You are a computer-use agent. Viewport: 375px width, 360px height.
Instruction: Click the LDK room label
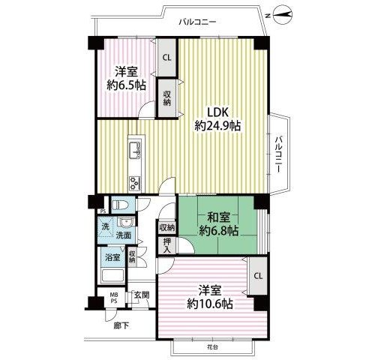click(x=218, y=112)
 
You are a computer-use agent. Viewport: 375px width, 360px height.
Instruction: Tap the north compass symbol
click(x=283, y=15)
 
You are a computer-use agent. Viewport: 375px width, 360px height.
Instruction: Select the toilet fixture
click(x=120, y=205)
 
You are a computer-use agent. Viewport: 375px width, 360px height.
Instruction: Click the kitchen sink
click(x=135, y=150)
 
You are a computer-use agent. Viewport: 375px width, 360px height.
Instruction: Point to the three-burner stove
click(x=135, y=184)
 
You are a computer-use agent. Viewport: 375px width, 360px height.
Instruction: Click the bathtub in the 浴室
click(x=112, y=276)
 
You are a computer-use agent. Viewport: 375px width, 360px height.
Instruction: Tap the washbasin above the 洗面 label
click(x=126, y=222)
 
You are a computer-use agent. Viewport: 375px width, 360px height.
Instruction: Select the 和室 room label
click(x=219, y=218)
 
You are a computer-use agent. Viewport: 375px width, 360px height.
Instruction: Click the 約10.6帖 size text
click(x=210, y=304)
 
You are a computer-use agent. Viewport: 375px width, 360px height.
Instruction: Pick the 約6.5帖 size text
click(x=126, y=85)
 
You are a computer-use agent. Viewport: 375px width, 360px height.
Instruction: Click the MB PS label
click(x=114, y=298)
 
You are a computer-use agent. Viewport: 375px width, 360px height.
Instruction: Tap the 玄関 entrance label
click(x=142, y=295)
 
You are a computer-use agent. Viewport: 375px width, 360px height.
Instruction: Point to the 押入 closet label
click(x=166, y=245)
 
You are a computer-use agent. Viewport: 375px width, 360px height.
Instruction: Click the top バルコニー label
click(x=197, y=22)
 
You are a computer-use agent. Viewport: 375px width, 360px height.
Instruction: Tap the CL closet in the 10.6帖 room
click(x=258, y=276)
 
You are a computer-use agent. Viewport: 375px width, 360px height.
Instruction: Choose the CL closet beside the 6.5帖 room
click(x=166, y=58)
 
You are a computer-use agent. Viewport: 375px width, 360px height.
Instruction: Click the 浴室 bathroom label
click(x=112, y=257)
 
